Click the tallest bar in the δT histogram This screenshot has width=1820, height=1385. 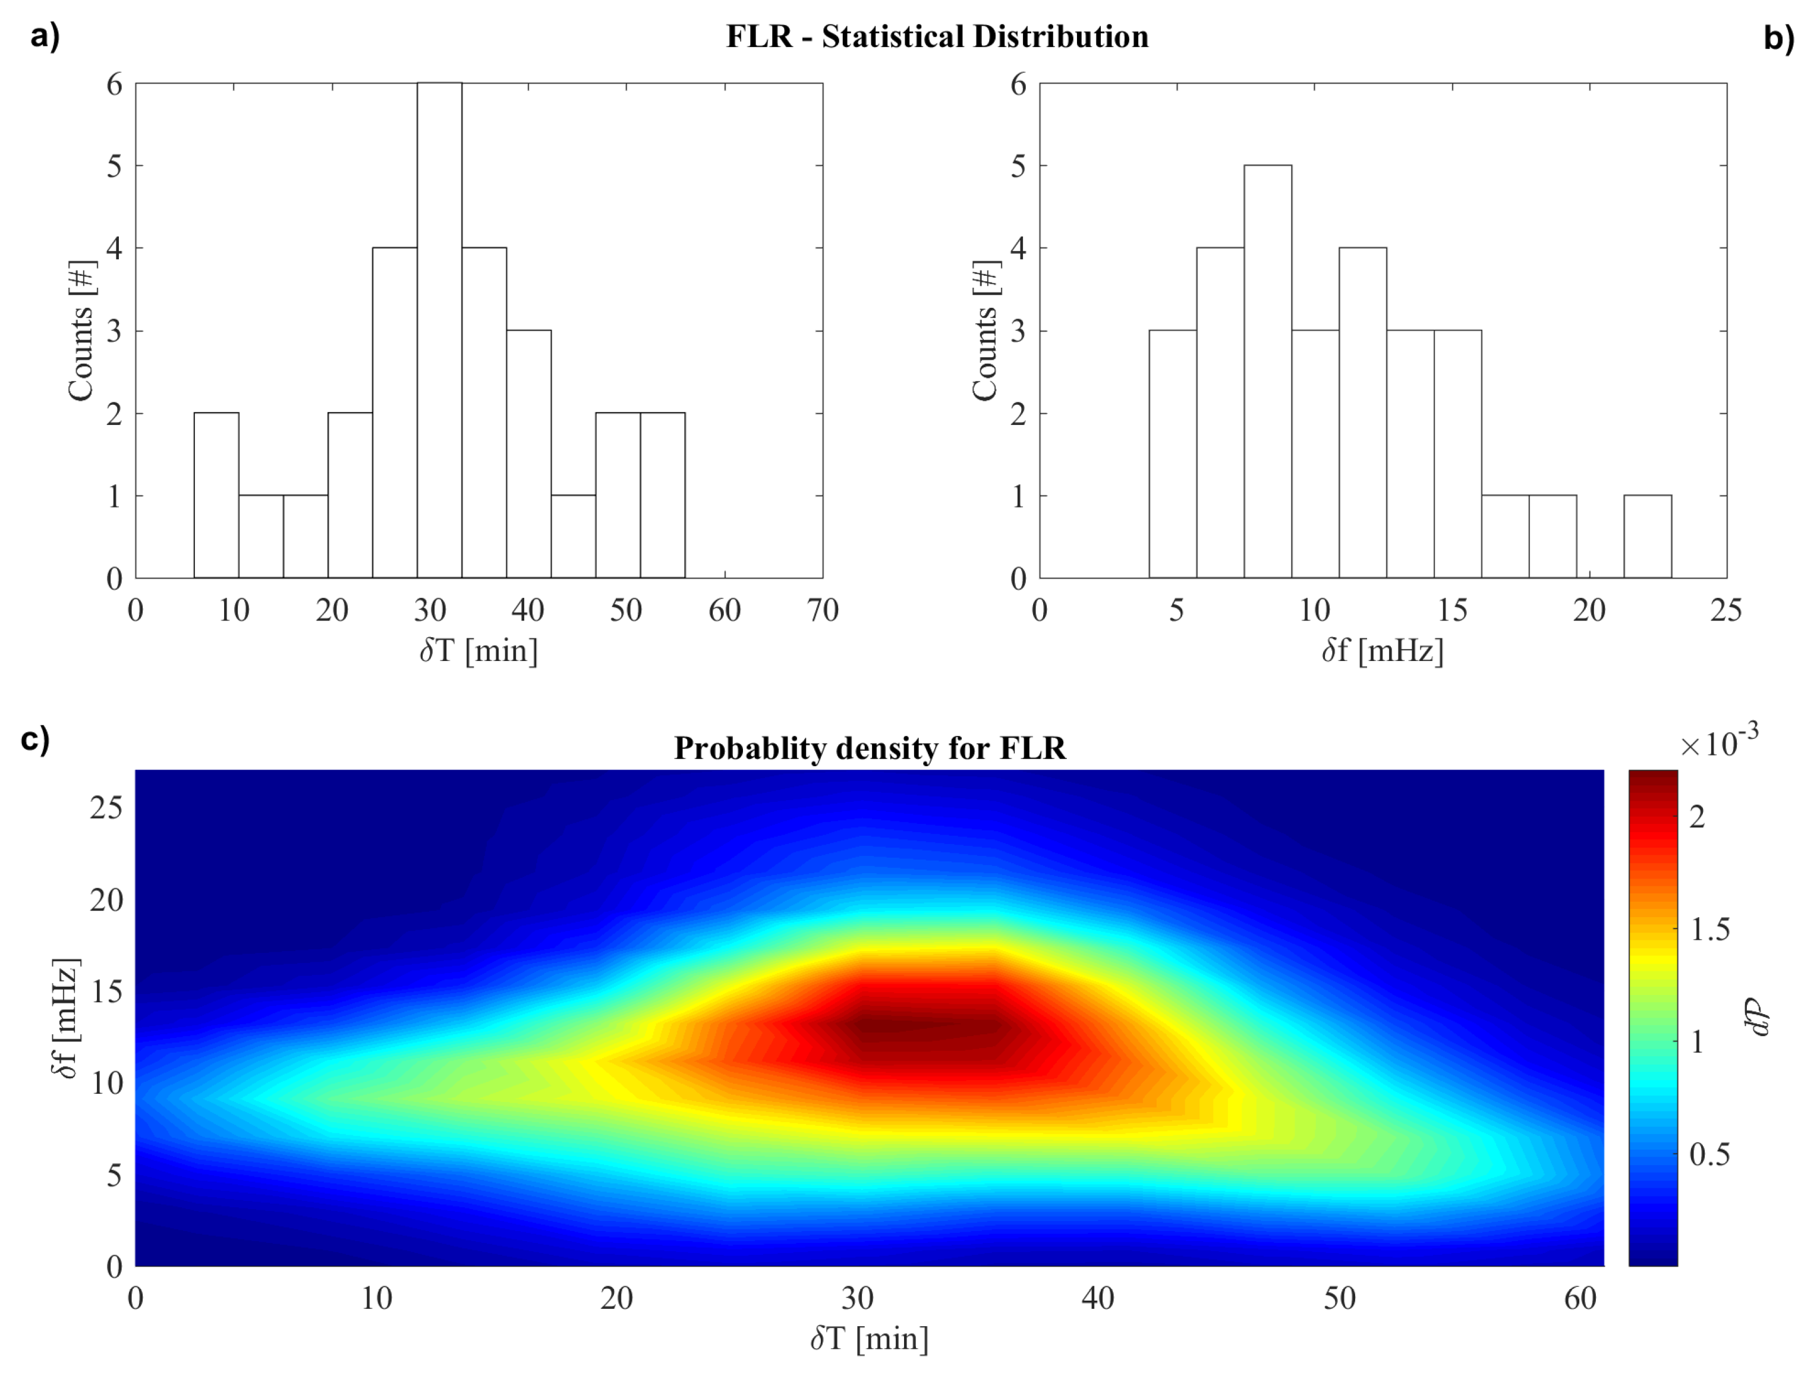439,330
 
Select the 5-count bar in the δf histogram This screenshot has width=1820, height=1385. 1268,371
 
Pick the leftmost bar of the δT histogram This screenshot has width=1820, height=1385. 217,495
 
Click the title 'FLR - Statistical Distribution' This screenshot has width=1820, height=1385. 937,37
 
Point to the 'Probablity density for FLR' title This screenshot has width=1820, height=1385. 870,748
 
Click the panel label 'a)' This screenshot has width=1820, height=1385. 45,37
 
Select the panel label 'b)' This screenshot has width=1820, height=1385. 1779,38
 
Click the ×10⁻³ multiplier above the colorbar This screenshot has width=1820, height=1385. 1718,742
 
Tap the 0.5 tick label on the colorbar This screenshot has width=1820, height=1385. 1709,1154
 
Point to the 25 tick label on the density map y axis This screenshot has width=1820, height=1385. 106,807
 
